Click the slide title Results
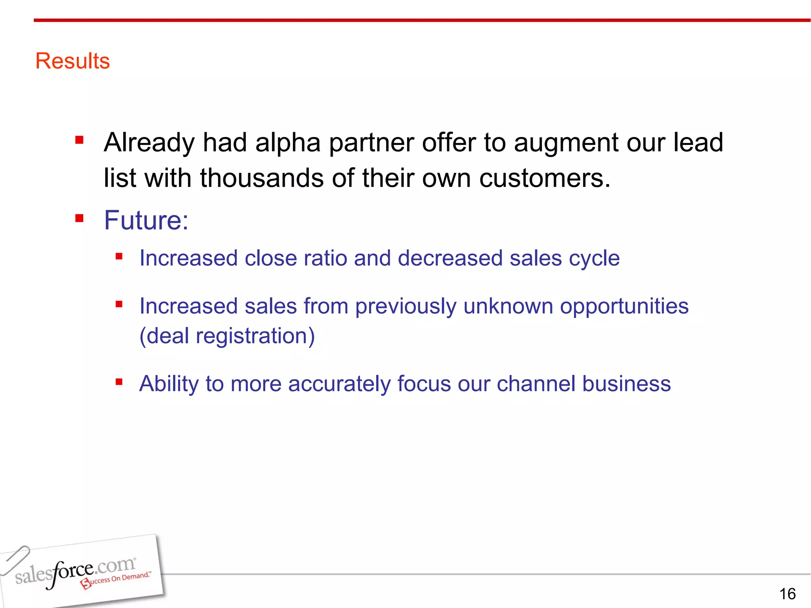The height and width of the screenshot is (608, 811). click(x=72, y=61)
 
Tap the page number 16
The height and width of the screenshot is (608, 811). click(x=787, y=594)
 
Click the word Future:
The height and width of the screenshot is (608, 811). click(x=146, y=220)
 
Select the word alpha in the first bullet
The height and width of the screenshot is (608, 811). click(x=287, y=142)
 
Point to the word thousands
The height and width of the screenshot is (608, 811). click(x=262, y=178)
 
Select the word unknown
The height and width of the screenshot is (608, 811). click(x=508, y=306)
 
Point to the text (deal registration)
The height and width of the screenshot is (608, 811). click(x=227, y=336)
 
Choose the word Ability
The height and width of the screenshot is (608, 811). click(x=169, y=384)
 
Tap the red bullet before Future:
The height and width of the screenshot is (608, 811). click(x=79, y=218)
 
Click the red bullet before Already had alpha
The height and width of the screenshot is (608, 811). click(x=79, y=140)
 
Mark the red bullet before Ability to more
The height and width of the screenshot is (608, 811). click(x=119, y=382)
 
